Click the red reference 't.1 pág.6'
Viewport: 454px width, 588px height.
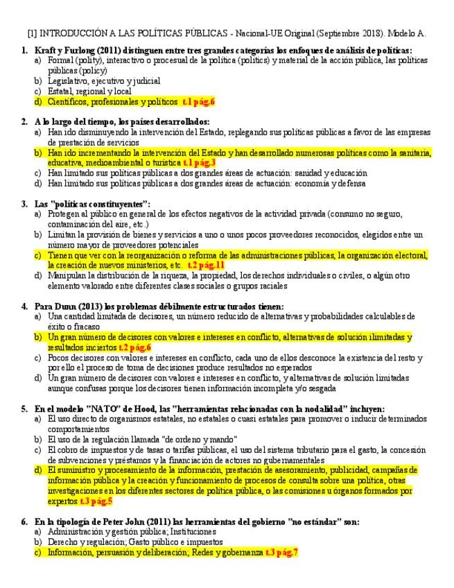pos(199,101)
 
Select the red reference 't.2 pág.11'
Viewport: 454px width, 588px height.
pos(207,265)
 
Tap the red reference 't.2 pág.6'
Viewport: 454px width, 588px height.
pos(134,347)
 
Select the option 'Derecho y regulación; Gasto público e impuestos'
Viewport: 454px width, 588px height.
pos(132,542)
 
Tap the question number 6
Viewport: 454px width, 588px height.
pos(24,521)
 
